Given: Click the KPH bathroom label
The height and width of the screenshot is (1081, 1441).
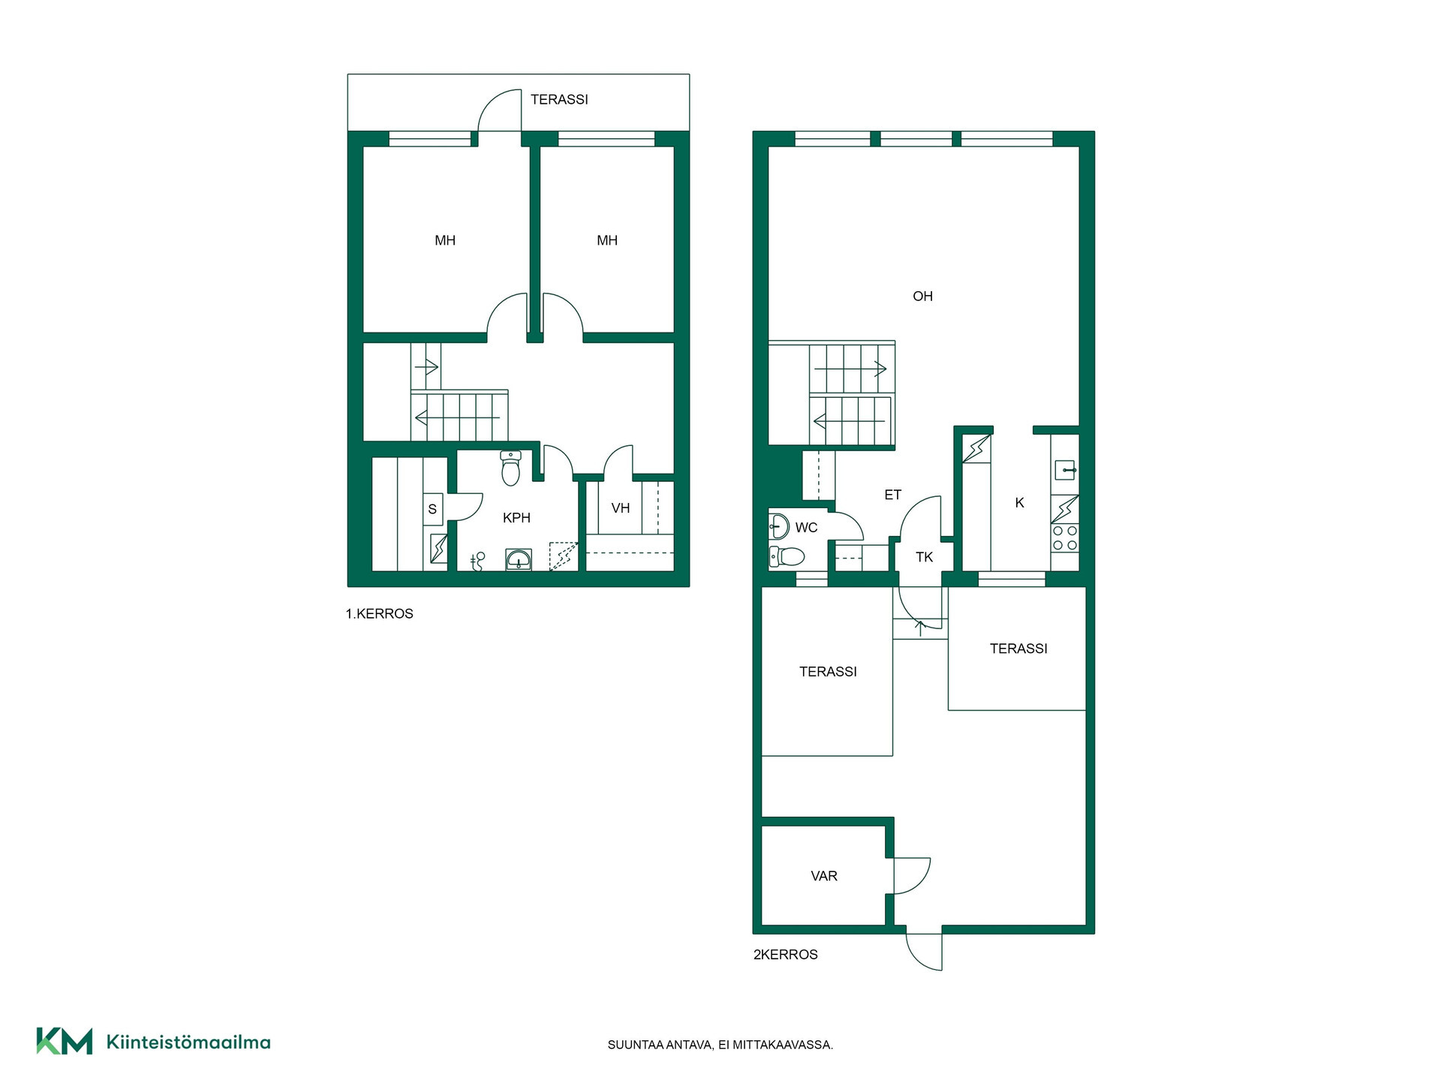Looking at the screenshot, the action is tap(516, 517).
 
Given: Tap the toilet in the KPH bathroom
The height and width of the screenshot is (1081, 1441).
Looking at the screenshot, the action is tap(510, 468).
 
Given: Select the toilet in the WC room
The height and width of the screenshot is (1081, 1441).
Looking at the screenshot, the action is tap(787, 556).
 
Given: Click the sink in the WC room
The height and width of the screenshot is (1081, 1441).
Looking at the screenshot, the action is tap(779, 527).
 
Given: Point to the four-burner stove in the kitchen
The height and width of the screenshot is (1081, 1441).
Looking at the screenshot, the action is tap(1065, 537).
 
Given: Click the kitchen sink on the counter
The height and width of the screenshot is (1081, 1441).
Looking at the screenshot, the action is tap(1066, 470).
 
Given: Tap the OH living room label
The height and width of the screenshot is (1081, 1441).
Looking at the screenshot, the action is tap(922, 297).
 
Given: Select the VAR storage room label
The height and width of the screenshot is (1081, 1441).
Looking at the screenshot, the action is tap(824, 876).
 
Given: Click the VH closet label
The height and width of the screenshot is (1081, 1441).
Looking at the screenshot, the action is tap(621, 508).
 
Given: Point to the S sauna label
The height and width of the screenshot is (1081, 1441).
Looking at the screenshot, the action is tap(432, 509).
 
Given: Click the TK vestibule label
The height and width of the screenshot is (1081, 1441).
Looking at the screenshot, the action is tap(924, 557).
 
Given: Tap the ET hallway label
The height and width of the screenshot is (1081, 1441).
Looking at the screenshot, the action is tap(892, 495).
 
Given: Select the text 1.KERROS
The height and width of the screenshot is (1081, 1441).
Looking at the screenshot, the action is tap(379, 613).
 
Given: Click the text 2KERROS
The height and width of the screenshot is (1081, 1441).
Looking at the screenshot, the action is tap(786, 954).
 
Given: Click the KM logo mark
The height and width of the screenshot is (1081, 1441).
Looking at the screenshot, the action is tap(65, 1041).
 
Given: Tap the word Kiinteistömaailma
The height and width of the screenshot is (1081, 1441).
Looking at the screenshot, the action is tap(188, 1042).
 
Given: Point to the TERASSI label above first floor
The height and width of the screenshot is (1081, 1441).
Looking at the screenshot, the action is tap(559, 99).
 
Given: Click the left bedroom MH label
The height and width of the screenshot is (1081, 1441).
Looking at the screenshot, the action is tap(445, 240).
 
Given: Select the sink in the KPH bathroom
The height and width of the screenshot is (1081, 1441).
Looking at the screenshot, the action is tap(519, 560).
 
